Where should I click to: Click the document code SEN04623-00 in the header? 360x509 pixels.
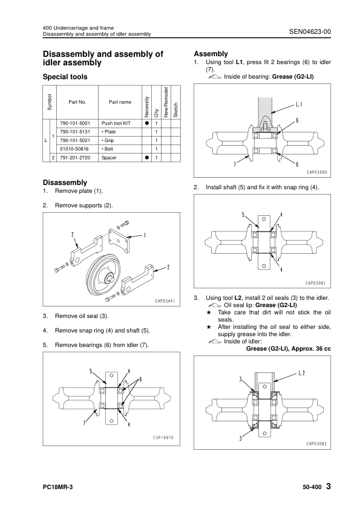(310, 31)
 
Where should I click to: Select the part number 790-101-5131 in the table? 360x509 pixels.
(75, 132)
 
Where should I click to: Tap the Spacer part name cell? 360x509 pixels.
(109, 158)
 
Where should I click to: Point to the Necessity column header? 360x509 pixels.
(146, 107)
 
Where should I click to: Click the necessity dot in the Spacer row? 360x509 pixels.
(146, 158)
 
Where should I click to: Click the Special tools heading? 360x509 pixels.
(65, 77)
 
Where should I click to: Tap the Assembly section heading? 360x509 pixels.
(211, 54)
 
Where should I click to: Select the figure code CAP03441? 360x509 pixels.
(165, 301)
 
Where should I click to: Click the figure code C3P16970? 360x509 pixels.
(163, 438)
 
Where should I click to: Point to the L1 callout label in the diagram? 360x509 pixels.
(299, 105)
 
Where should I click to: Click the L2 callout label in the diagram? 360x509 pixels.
(301, 373)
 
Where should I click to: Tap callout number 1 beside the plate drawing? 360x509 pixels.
(144, 235)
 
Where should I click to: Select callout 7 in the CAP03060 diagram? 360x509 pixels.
(235, 164)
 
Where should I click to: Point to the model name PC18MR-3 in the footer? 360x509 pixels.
(58, 487)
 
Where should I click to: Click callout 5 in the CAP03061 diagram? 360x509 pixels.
(243, 214)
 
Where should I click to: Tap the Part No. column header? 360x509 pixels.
(77, 102)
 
